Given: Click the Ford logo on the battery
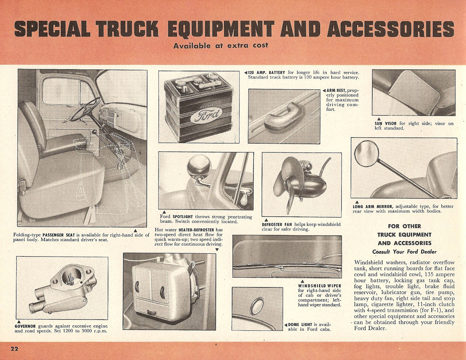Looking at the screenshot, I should [203, 116].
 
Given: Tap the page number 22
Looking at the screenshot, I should [14, 349].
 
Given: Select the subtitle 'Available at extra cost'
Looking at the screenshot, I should [220, 46].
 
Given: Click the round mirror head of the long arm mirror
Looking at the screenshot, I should [366, 155].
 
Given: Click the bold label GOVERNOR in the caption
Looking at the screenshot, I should [25, 326].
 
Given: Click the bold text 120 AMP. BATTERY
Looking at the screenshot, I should [267, 73].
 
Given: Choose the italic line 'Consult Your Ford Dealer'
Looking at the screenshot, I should [404, 252].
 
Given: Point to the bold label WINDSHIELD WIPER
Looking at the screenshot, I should [319, 286].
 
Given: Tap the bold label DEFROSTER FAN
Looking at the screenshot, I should [277, 225].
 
